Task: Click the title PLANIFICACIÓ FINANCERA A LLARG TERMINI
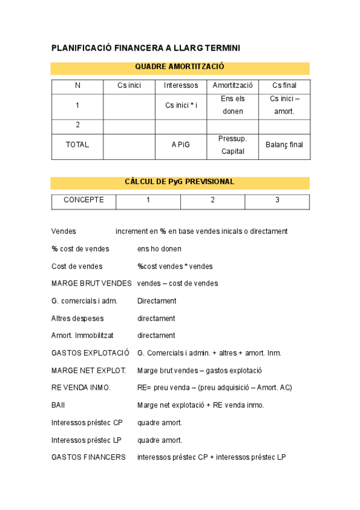click(x=145, y=48)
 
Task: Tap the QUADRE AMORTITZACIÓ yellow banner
click(x=180, y=67)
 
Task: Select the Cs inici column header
click(x=129, y=85)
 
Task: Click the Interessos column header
click(x=181, y=85)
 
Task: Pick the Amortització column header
click(x=233, y=85)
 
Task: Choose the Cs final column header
click(x=284, y=85)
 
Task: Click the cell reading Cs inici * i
click(x=181, y=105)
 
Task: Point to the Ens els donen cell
click(x=233, y=105)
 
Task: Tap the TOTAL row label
click(x=78, y=144)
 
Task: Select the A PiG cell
click(x=181, y=144)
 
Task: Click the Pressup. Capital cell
click(x=233, y=145)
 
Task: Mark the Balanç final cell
click(x=284, y=144)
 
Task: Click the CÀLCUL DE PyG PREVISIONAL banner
click(x=180, y=182)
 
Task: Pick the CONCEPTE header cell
click(x=84, y=200)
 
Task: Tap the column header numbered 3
click(x=277, y=200)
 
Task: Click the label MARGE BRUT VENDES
click(x=91, y=283)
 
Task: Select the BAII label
click(x=58, y=405)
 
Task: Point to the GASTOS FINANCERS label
click(x=88, y=457)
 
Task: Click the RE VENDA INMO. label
click(x=81, y=387)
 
